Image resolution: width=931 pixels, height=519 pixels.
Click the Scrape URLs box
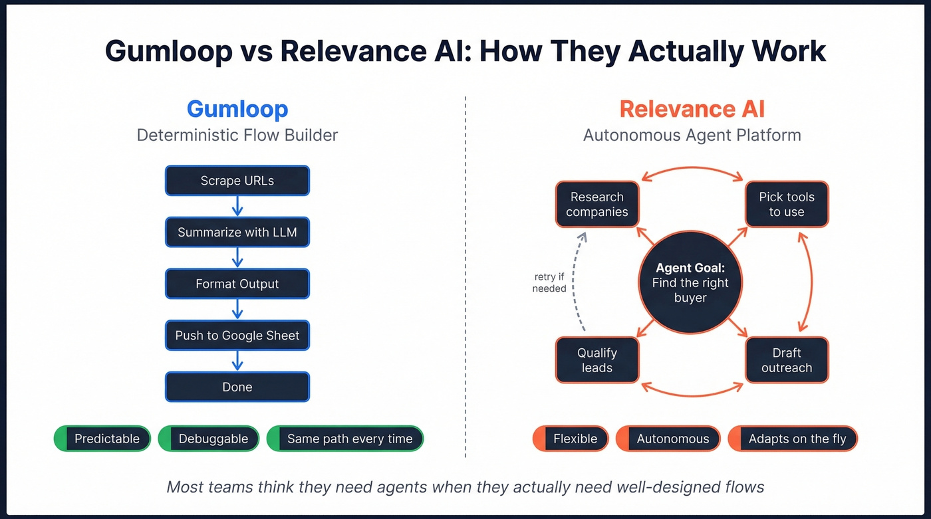[x=237, y=181]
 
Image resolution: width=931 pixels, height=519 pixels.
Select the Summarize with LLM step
[x=237, y=233]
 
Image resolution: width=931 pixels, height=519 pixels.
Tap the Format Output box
[x=237, y=284]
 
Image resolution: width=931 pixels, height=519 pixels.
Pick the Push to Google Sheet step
[x=237, y=336]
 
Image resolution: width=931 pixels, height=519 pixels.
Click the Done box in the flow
[x=237, y=387]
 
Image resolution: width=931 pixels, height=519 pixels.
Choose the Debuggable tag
[x=207, y=439]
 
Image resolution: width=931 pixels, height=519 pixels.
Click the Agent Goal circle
[x=692, y=283]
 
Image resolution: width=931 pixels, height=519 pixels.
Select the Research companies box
[x=597, y=205]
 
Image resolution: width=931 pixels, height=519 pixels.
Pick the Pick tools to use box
[x=787, y=205]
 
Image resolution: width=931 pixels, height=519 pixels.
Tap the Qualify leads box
[x=597, y=360]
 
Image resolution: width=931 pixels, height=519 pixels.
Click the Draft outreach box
[x=787, y=360]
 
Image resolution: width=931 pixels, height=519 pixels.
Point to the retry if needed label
[x=549, y=282]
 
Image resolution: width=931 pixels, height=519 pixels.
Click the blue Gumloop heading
[x=237, y=109]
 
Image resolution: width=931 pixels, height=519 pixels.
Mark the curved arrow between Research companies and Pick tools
[x=692, y=167]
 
